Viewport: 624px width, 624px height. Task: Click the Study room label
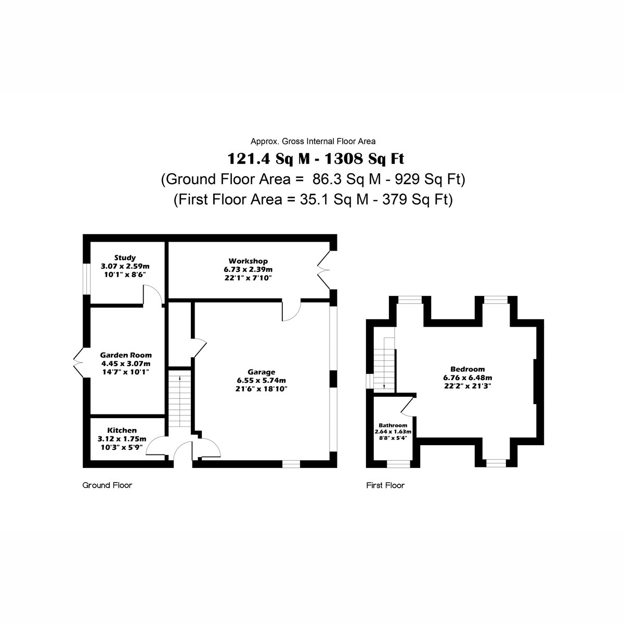[x=125, y=258]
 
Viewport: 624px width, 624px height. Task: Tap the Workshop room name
[x=248, y=261]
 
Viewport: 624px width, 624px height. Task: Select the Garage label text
[x=262, y=372]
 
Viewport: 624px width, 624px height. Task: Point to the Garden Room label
[x=126, y=355]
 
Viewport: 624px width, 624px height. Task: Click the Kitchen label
[x=122, y=431]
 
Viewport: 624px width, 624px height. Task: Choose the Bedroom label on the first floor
[x=467, y=369]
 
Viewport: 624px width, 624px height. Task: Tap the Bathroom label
[x=393, y=425]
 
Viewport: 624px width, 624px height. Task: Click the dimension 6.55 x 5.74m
[x=262, y=381]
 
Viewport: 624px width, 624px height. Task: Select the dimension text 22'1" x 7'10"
[x=248, y=278]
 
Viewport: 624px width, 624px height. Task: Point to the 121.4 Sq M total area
[x=269, y=159]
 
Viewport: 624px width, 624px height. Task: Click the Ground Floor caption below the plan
[x=107, y=485]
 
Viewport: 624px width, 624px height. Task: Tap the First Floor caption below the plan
[x=385, y=485]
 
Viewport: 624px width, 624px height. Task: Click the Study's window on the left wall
[x=86, y=279]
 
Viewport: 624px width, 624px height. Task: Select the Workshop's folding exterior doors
[x=324, y=270]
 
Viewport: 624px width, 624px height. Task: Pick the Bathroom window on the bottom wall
[x=399, y=464]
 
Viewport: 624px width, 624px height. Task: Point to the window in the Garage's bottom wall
[x=291, y=464]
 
